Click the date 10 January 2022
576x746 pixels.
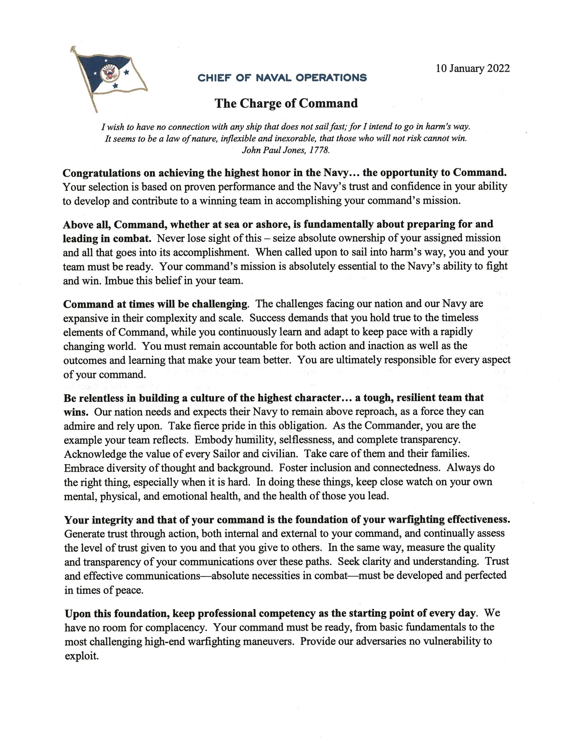click(473, 69)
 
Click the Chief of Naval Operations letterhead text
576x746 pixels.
click(282, 78)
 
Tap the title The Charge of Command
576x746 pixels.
click(286, 103)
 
